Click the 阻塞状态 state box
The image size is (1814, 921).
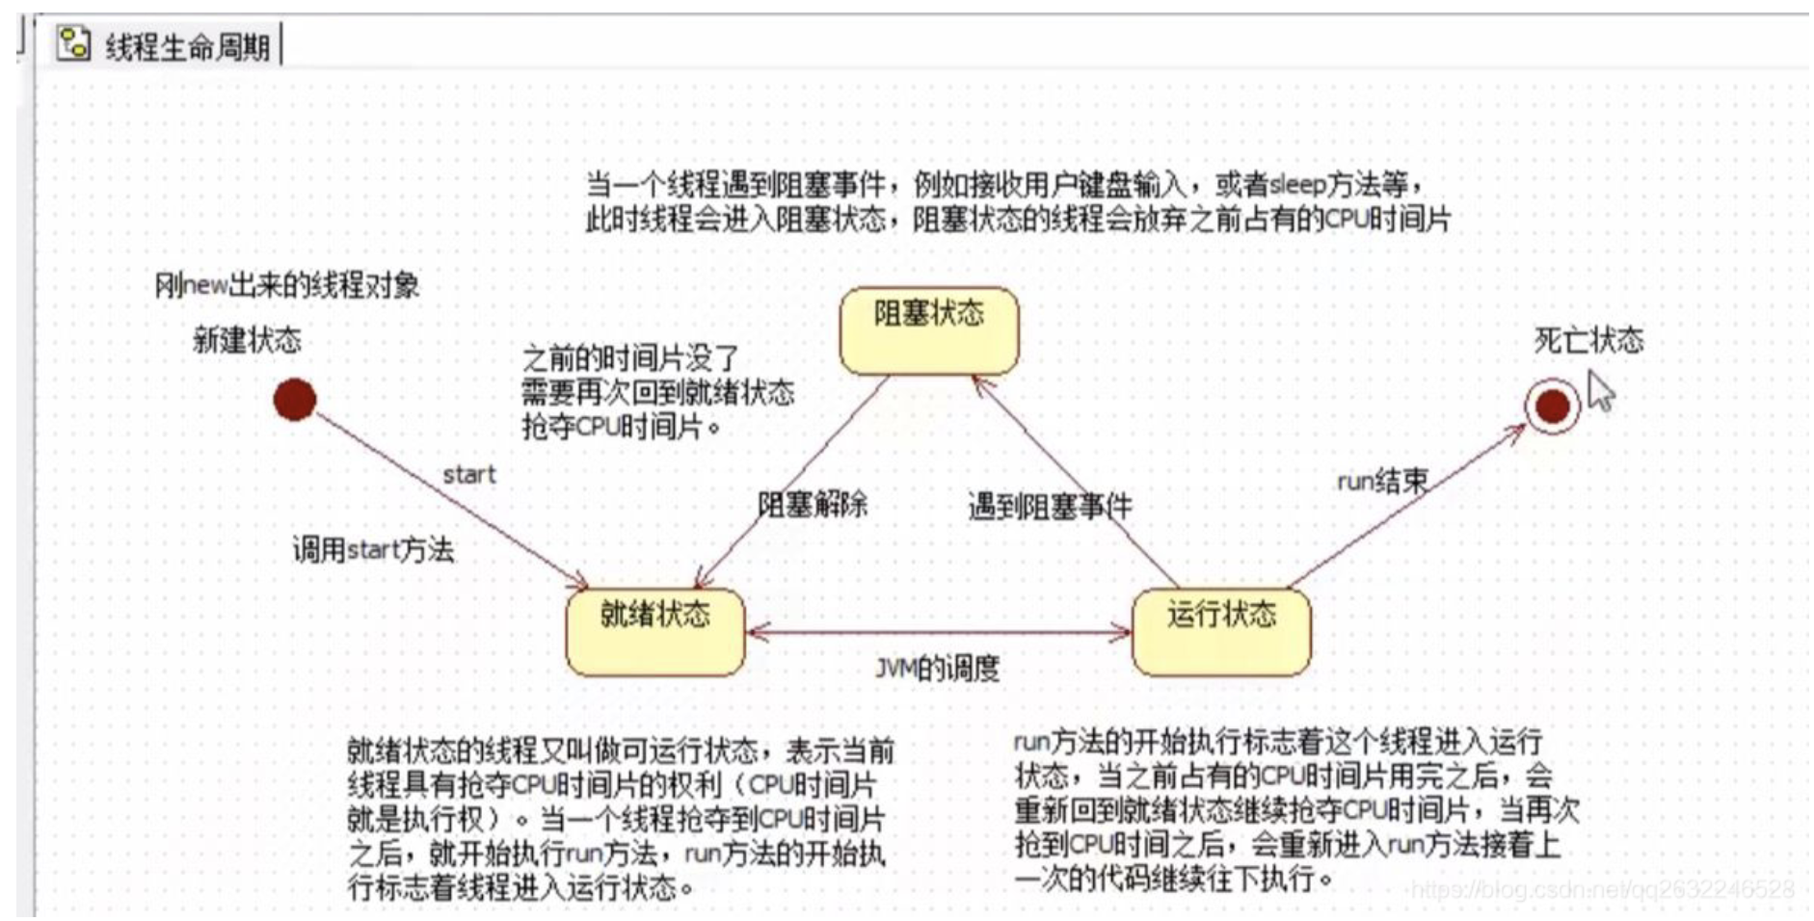928,329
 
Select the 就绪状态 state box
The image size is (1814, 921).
654,631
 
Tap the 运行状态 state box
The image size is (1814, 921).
1220,631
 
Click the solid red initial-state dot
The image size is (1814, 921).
295,399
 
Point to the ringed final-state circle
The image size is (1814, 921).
1552,407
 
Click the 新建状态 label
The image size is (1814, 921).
247,340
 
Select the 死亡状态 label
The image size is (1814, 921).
1588,340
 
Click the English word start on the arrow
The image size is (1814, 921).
468,475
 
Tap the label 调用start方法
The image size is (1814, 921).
373,550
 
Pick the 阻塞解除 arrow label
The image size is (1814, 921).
812,504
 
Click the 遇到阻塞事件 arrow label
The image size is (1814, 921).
1049,507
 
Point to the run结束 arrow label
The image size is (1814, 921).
1381,481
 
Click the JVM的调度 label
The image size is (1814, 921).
937,668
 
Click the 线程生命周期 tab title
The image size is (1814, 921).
187,46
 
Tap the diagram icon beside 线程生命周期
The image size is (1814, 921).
73,44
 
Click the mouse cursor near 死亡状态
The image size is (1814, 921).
1600,392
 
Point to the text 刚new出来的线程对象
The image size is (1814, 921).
287,285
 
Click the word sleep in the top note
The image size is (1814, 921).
1297,184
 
